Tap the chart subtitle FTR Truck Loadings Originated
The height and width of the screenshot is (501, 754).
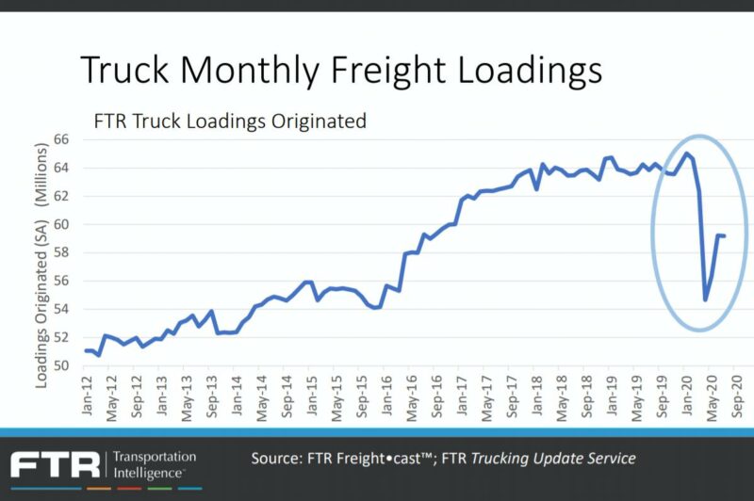229,121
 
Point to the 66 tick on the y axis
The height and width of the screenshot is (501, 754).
61,139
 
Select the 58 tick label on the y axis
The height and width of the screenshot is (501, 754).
61,252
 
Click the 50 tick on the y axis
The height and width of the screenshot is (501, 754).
61,365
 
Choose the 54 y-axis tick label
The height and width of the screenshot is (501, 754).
61,309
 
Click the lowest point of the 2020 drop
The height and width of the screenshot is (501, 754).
706,299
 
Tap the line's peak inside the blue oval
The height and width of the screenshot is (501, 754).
686,154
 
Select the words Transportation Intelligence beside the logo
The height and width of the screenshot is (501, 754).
155,463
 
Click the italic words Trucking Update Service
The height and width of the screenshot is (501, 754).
553,459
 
